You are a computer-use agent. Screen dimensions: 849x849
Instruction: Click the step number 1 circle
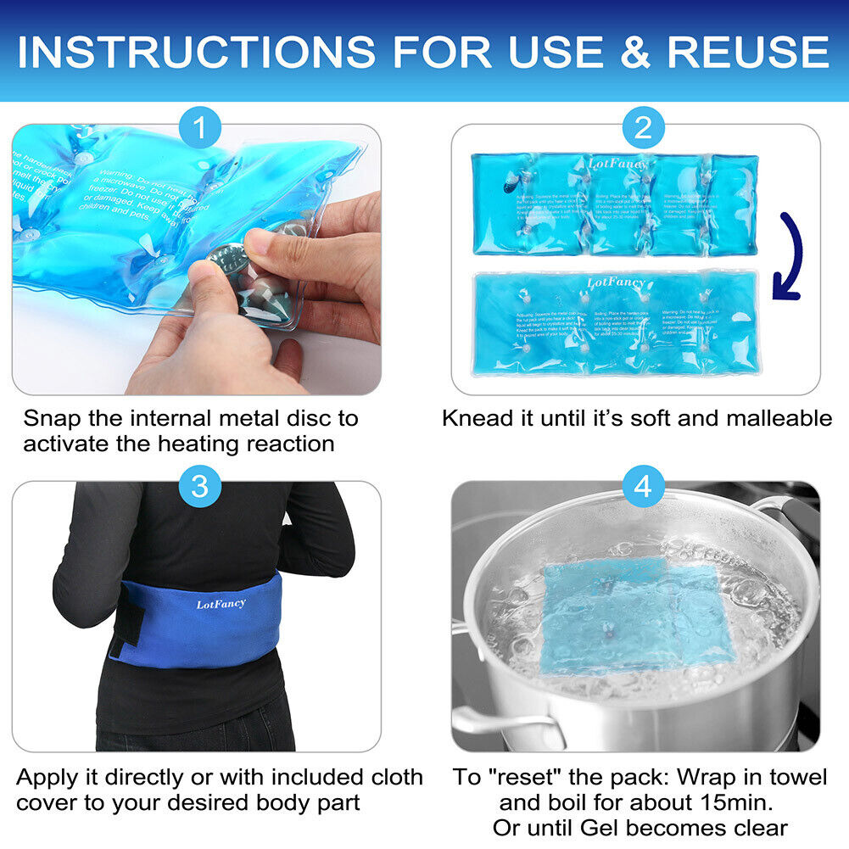200,129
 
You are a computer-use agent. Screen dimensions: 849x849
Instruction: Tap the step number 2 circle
643,129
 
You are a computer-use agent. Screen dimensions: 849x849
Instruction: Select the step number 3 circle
200,486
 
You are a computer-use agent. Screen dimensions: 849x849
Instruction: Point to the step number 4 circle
643,486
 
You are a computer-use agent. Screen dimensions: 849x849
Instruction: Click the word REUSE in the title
747,52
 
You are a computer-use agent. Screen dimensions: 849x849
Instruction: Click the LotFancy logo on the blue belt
221,604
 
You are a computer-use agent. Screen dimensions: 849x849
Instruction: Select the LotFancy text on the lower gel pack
615,281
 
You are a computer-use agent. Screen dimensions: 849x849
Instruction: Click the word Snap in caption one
53,418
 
